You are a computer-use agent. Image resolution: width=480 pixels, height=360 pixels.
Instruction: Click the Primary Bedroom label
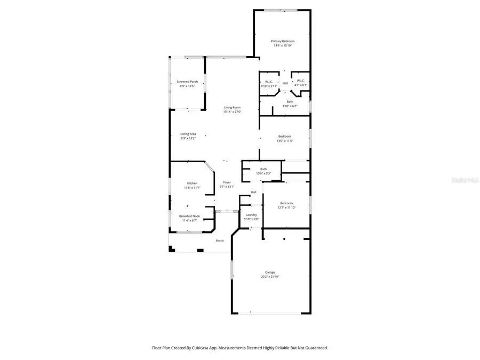[282, 41]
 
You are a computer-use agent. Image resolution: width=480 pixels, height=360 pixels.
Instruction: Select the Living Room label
[232, 108]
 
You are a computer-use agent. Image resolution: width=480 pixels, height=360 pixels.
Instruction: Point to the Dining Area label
[188, 134]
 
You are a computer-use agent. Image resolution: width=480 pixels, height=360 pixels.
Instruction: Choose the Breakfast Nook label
[189, 216]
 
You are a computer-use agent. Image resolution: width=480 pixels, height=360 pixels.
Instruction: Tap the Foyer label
[227, 182]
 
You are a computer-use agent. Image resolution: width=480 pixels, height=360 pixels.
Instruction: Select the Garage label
[270, 272]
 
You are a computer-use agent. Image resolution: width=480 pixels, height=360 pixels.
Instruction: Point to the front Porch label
[219, 241]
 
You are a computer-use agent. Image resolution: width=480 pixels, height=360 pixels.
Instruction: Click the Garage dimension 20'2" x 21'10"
[270, 277]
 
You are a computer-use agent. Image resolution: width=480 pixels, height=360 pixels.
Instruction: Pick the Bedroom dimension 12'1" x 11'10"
[286, 207]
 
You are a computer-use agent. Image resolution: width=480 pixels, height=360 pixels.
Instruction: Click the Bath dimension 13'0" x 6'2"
[290, 106]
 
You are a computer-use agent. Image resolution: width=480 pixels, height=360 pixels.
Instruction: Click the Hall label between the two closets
[285, 83]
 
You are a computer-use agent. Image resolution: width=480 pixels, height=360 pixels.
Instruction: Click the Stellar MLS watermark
[466, 180]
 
